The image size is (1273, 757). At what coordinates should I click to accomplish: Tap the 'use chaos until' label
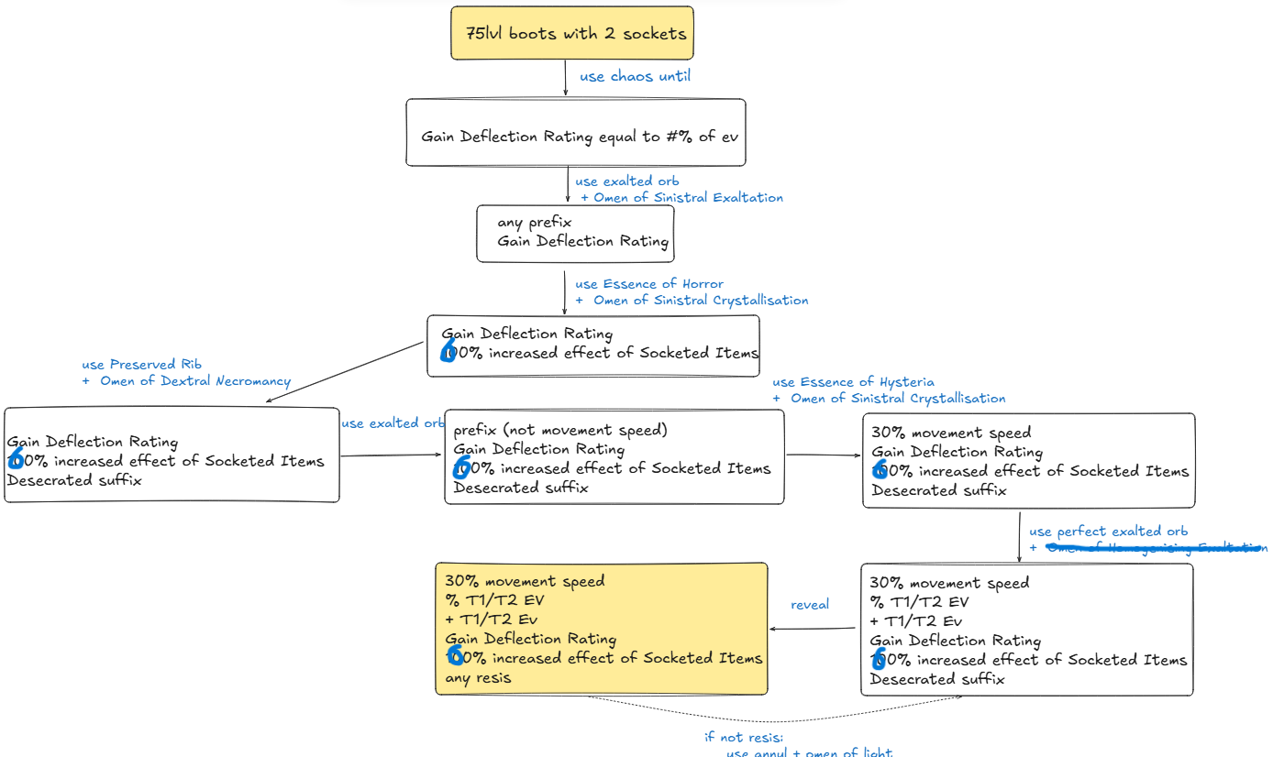635,76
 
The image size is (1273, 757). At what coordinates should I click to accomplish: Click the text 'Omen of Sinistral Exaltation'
688,197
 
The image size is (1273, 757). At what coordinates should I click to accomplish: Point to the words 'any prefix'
535,222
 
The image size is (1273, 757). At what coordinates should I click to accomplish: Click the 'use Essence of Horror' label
649,284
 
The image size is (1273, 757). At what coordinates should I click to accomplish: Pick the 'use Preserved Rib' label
142,364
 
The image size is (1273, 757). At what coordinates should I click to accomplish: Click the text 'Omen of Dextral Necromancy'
194,381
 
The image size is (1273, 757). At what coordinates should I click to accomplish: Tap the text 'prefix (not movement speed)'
560,430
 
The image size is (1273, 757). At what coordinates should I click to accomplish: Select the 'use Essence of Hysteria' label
853,382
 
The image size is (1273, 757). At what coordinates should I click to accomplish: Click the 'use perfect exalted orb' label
1108,532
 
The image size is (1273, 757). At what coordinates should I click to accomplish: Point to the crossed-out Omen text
1156,548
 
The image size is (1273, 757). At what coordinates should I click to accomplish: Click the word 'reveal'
810,604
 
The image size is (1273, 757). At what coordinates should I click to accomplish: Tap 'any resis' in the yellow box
478,678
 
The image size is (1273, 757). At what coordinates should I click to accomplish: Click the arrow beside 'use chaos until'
566,79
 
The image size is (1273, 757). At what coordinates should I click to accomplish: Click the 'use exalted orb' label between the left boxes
393,423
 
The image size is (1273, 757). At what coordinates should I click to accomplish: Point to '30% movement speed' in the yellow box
525,581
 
